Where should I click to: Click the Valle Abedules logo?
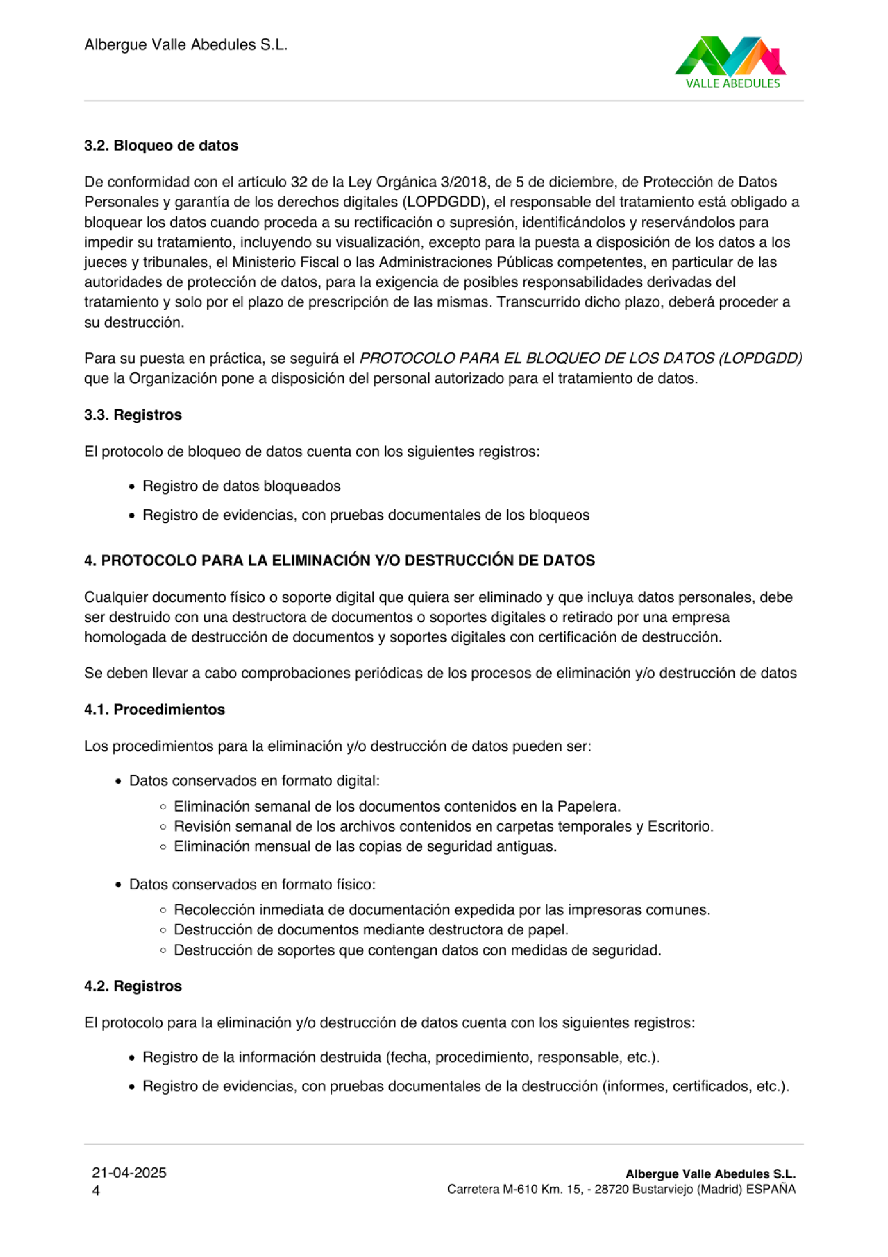(731, 62)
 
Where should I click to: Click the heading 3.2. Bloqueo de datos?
(161, 146)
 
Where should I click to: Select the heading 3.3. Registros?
(132, 415)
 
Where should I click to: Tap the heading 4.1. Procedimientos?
(154, 710)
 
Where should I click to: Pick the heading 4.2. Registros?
(132, 986)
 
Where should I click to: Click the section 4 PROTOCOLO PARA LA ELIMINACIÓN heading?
(339, 561)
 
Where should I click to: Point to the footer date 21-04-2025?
(129, 1173)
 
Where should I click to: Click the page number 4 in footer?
(96, 1191)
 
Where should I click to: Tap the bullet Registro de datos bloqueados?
(241, 486)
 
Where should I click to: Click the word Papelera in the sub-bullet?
(588, 806)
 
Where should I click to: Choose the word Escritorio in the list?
(680, 826)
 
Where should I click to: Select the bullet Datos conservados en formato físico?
(252, 885)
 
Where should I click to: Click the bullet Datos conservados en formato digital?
(255, 781)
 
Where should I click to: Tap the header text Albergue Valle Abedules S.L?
(185, 45)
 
